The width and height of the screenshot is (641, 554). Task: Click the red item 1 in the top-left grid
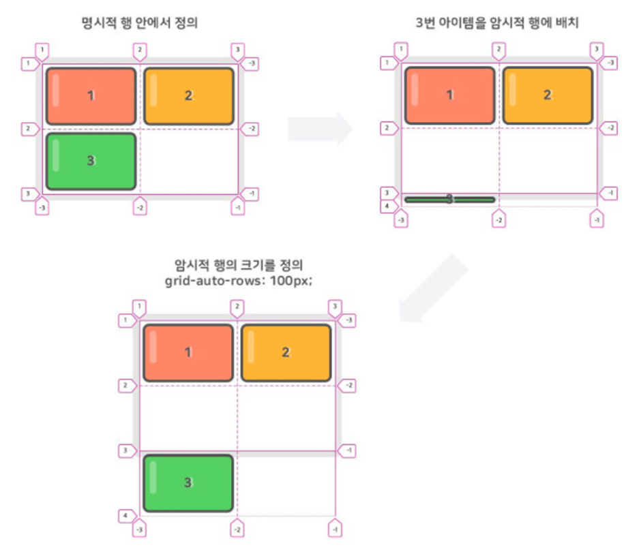point(91,96)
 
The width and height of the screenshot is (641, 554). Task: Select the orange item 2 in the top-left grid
point(188,96)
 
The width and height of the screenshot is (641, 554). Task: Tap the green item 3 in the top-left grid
point(91,161)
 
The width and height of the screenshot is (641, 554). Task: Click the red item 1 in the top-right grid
point(449,95)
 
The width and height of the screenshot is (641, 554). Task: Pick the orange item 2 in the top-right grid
point(547,95)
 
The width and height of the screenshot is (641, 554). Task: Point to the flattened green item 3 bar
point(449,200)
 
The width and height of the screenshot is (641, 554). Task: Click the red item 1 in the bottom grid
point(188,352)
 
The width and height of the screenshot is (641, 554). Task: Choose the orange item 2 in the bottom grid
point(286,352)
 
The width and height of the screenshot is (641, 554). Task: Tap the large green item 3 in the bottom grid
point(188,482)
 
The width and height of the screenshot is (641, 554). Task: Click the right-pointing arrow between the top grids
point(320,128)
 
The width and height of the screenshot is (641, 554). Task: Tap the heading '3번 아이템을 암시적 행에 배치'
point(501,22)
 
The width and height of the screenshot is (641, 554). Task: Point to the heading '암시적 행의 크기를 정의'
point(238,264)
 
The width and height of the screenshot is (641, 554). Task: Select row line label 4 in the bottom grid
point(125,514)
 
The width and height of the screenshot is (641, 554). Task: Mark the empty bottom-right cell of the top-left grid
point(188,161)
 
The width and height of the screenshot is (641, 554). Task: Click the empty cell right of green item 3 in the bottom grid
point(286,482)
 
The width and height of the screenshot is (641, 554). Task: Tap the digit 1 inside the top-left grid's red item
point(91,96)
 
